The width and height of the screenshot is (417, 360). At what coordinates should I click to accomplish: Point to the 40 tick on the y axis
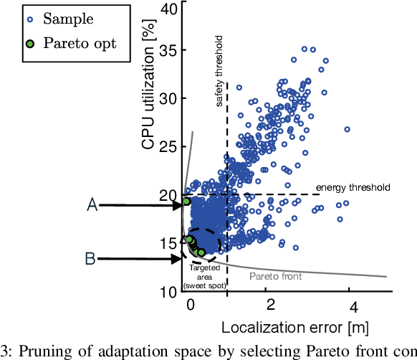click(169, 9)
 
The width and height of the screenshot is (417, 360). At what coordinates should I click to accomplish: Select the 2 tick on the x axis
click(270, 305)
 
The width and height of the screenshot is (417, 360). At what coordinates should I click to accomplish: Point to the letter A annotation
click(92, 206)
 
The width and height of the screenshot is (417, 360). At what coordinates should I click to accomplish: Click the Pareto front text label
click(275, 275)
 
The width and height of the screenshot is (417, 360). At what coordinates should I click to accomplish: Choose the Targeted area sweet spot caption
click(203, 276)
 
